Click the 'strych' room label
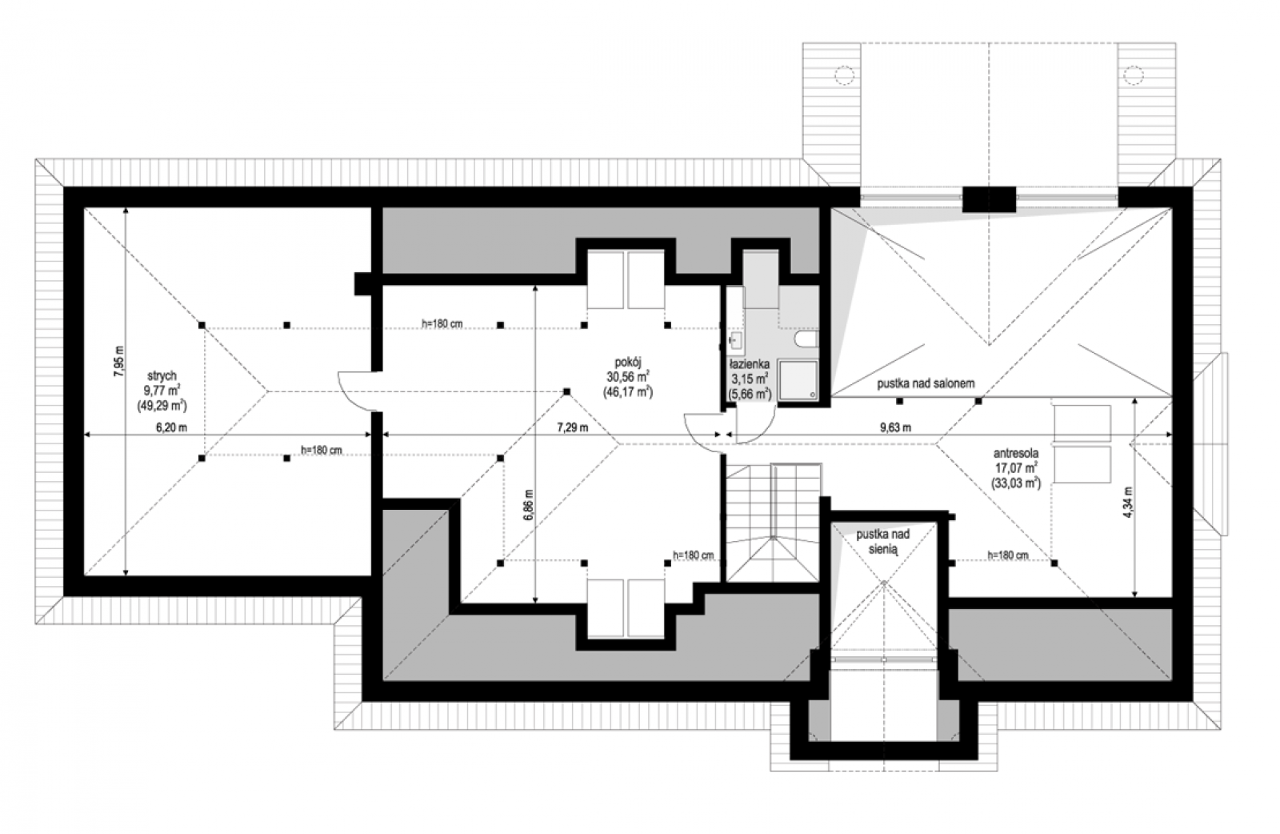(162, 375)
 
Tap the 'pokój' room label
(628, 362)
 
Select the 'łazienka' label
(749, 364)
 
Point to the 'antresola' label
(1015, 453)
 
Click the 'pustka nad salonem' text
(925, 383)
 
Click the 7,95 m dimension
(119, 361)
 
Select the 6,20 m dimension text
(171, 427)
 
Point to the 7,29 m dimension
(573, 427)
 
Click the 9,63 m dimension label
(895, 427)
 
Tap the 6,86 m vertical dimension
(529, 504)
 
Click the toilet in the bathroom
(806, 339)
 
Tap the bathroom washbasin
(735, 341)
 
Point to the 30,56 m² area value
(628, 377)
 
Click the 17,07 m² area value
(1016, 468)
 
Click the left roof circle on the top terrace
(845, 75)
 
